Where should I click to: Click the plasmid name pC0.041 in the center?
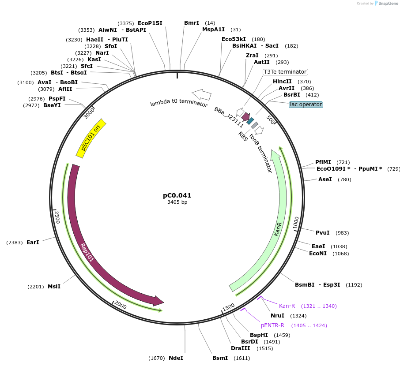coord(177,195)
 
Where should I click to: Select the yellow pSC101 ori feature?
coord(91,138)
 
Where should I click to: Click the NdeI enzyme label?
coord(176,358)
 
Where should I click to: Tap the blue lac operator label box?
coord(306,105)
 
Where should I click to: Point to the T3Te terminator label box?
coord(285,72)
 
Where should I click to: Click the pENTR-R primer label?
coord(272,325)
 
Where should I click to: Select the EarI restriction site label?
coord(33,243)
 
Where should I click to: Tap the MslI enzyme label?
coord(54,287)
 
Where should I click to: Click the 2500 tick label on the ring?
coord(57,217)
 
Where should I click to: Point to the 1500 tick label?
coord(228,307)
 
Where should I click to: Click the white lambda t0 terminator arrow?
coord(201,94)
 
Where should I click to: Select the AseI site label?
coord(325,179)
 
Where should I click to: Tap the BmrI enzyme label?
coord(192,22)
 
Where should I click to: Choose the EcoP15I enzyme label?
coord(150,23)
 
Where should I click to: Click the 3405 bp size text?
coord(177,202)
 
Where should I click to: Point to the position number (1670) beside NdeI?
coord(156,358)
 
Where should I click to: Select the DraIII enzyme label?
coord(240,348)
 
